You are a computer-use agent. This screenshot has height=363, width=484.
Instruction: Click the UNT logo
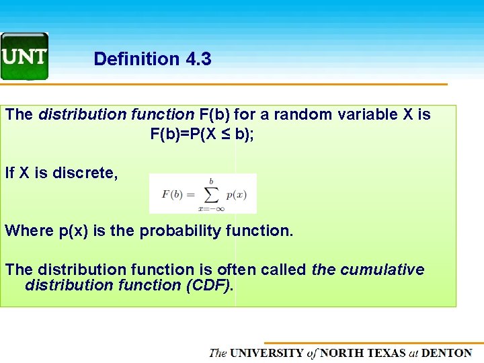tap(25, 56)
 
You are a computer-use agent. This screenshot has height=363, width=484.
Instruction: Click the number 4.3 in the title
tap(196, 59)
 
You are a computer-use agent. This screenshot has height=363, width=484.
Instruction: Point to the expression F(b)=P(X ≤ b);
tap(202, 134)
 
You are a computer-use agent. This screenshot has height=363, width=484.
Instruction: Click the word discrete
tap(86, 173)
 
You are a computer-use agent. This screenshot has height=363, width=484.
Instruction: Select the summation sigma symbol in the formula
tap(211, 194)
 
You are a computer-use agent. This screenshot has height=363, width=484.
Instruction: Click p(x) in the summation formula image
tap(237, 195)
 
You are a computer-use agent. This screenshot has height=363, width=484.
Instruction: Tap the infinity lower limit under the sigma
tap(218, 208)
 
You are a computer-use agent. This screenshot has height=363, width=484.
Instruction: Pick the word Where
tap(30, 231)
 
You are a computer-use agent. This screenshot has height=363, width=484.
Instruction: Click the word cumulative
tap(382, 270)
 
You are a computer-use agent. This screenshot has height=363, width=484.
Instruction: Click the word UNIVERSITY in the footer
tap(267, 353)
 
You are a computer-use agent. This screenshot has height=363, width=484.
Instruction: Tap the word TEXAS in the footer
tap(386, 353)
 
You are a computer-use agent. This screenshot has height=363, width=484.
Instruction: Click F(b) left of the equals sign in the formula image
tap(172, 195)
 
